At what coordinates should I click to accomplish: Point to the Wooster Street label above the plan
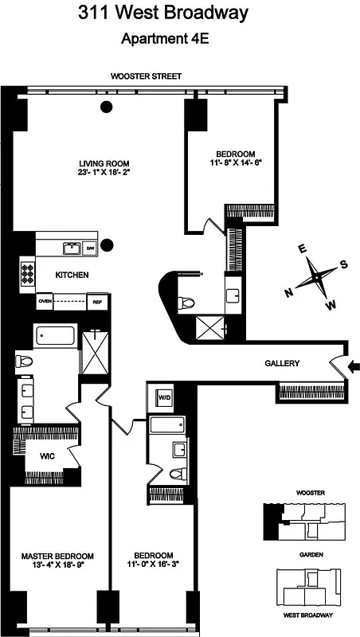click(x=146, y=76)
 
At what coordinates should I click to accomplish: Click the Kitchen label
click(x=72, y=275)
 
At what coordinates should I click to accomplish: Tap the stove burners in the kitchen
click(x=28, y=273)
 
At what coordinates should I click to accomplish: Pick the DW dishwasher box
click(x=90, y=248)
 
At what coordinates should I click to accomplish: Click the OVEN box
click(x=45, y=302)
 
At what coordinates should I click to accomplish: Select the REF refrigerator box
click(x=97, y=302)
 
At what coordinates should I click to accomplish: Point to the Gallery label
click(x=282, y=364)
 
